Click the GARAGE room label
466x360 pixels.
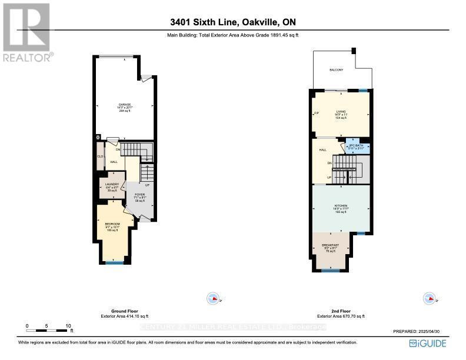124,105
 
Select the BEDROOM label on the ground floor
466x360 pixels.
112,224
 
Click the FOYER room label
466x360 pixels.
139,194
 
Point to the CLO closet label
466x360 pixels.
100,156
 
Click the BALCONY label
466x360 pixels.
336,70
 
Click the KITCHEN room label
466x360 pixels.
342,206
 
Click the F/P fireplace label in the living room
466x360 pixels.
316,114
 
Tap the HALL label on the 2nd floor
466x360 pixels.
322,150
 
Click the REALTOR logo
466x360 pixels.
26,32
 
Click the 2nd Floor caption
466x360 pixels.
342,311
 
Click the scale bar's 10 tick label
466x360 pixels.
68,325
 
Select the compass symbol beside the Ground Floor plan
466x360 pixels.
213,298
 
